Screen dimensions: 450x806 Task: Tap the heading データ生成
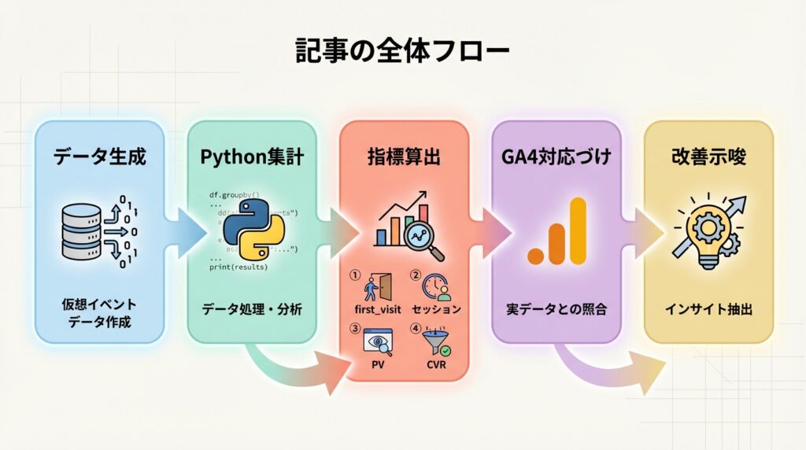(99, 157)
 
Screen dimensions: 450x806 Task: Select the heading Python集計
(252, 157)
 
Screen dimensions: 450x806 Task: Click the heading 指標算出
(405, 157)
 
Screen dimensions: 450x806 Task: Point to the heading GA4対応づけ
(556, 157)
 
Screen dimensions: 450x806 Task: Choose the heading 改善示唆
(708, 157)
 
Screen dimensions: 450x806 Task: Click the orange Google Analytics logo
(557, 231)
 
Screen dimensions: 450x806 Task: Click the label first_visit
(377, 309)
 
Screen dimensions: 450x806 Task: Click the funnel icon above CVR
(434, 339)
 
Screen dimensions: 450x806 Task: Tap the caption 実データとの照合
(556, 309)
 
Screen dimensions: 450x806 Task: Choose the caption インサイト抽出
(708, 309)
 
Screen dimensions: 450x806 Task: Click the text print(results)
(238, 267)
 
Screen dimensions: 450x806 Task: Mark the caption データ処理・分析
(252, 309)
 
